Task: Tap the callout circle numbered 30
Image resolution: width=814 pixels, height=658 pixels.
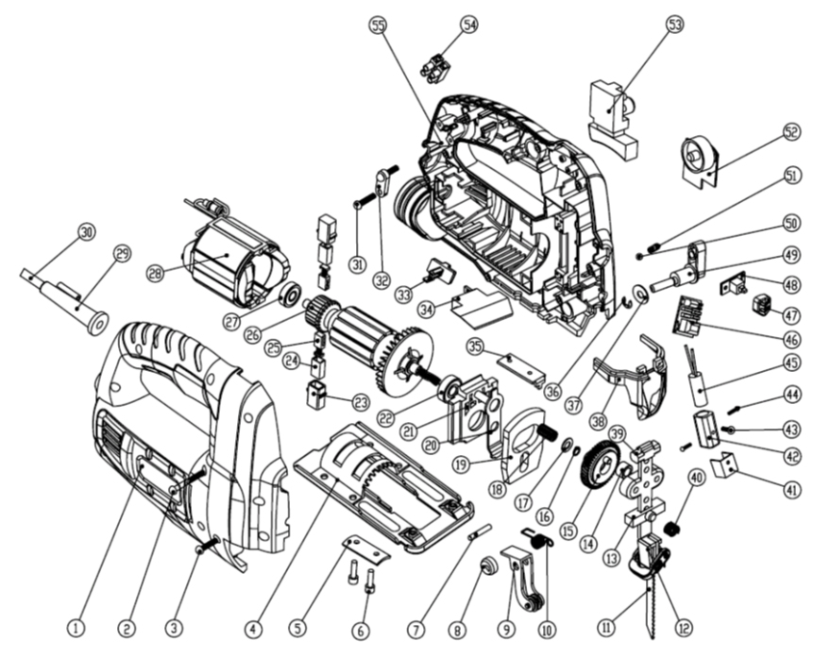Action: pos(87,232)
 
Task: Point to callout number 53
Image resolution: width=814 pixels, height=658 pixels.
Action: pos(673,26)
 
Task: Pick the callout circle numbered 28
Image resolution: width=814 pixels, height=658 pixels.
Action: pos(157,274)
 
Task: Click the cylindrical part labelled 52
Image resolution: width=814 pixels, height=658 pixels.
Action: pos(698,157)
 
